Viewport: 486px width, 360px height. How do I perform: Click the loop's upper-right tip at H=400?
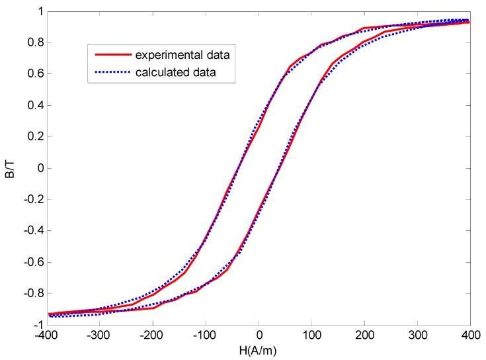[469, 21]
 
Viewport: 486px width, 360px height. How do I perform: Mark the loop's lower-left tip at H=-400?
[50, 315]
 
